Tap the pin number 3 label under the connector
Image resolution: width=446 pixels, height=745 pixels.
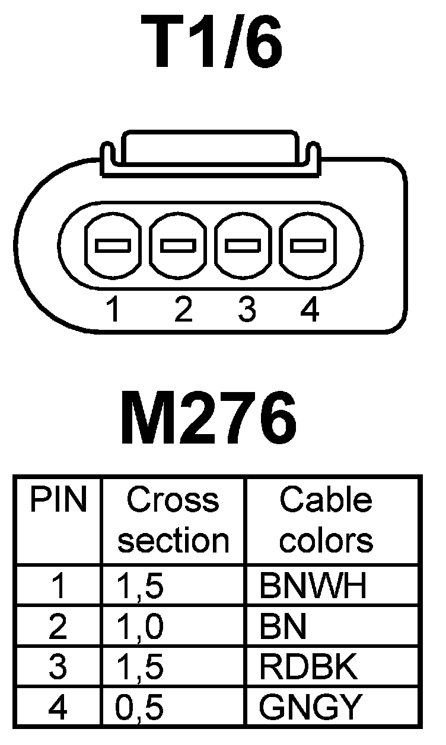(246, 309)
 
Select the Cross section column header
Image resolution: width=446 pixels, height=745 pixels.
(173, 520)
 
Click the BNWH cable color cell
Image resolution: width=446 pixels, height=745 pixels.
(313, 585)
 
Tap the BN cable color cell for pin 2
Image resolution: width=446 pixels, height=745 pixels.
(283, 627)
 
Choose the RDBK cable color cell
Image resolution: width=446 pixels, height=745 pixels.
(308, 667)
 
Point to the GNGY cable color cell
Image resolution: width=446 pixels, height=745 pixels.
(310, 707)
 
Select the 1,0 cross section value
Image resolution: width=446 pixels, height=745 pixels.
(141, 627)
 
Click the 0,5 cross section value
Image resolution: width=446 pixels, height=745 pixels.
(141, 707)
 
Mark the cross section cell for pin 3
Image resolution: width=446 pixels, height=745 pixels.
(141, 667)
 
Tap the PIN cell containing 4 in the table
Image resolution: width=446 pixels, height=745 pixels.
(59, 707)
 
